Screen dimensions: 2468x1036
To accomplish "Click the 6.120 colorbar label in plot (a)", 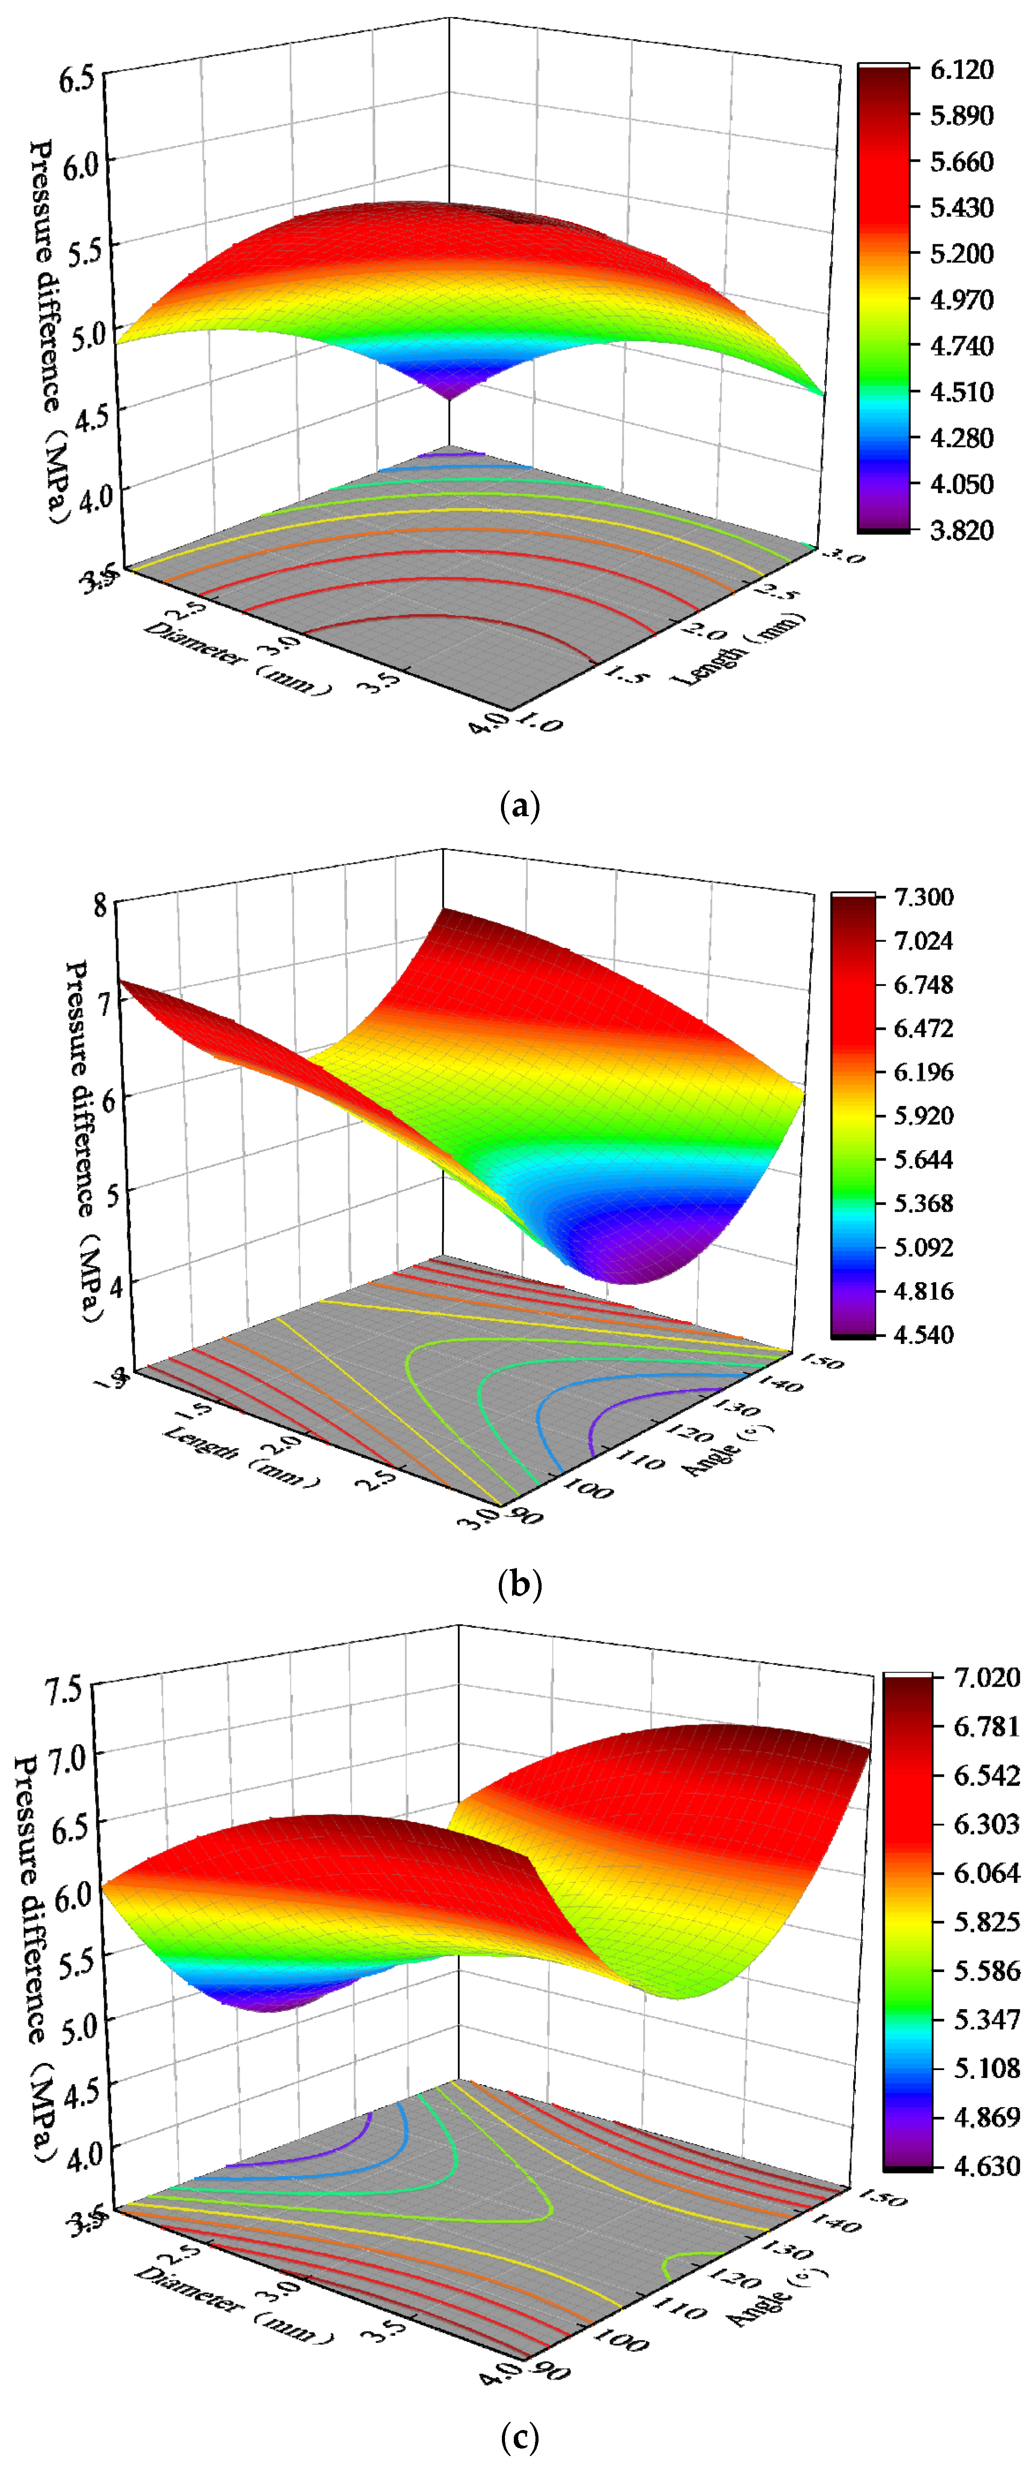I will (x=961, y=69).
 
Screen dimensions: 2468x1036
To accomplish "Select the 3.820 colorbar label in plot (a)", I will (x=961, y=530).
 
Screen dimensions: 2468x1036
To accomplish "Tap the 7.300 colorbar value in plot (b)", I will (x=923, y=897).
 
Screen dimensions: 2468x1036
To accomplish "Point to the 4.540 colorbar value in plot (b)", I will (x=923, y=1335).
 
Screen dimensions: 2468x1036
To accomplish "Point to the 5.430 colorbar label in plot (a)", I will (x=961, y=207).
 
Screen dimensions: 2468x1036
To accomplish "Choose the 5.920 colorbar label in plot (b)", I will (x=923, y=1115).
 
